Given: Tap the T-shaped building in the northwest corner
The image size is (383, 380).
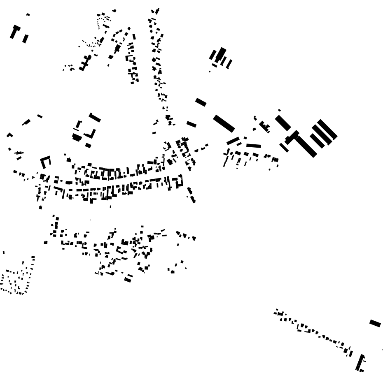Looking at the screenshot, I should tap(15, 31).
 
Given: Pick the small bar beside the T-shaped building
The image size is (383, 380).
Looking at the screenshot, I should tap(26, 39).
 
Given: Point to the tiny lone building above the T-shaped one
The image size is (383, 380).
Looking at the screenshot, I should tap(28, 15).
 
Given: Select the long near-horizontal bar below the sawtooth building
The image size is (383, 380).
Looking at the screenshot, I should tap(254, 146).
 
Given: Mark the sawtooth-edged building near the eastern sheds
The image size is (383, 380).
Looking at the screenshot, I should tap(264, 126).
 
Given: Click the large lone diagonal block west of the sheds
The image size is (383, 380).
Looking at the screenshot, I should tap(224, 123).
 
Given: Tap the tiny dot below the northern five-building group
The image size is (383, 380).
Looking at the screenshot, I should tap(210, 72).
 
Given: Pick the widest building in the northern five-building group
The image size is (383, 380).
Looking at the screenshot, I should tap(221, 55).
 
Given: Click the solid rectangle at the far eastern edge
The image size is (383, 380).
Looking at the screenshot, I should tap(375, 323).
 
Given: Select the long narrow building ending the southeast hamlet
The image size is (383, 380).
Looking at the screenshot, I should tap(360, 362).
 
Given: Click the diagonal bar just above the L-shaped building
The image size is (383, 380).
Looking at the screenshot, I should tap(95, 118).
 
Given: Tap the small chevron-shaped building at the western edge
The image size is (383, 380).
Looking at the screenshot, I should tap(9, 134).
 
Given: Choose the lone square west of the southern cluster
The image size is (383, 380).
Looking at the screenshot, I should tap(46, 243).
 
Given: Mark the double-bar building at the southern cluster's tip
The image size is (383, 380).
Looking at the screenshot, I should tap(128, 279).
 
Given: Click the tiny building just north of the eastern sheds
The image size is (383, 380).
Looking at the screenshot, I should tap(279, 110).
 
